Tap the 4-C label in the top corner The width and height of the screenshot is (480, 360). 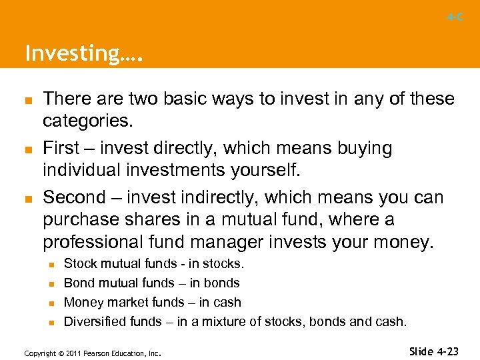455,17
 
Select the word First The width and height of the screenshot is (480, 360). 61,148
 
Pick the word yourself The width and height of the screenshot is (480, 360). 266,170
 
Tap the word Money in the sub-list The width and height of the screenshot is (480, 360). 81,302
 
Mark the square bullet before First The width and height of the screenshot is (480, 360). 29,149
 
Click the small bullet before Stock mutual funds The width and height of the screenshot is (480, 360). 51,265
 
